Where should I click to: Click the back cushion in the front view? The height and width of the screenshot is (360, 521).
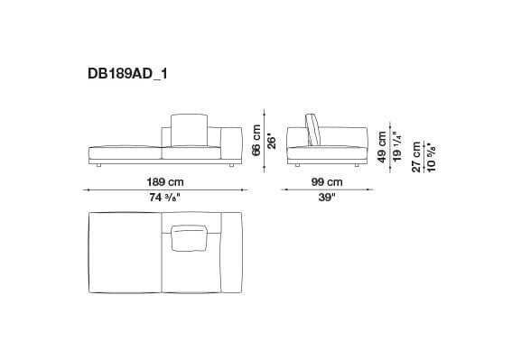point(190,129)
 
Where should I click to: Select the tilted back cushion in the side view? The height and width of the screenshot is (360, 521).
point(314,128)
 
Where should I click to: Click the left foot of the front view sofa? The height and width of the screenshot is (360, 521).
point(98,166)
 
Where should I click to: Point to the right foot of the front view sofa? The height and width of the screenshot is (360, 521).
point(232,166)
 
